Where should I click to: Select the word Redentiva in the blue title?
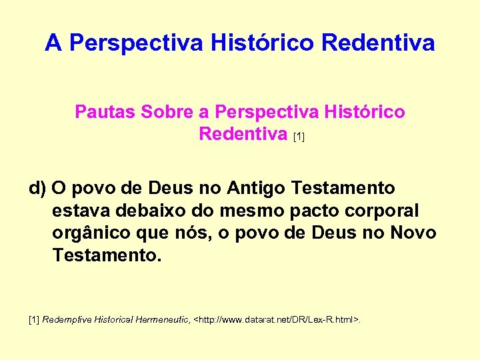[x=378, y=44]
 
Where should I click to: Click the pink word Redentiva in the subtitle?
[x=243, y=134]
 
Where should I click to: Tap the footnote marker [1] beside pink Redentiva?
[x=299, y=137]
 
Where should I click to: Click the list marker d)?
[x=37, y=189]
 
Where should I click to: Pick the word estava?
[x=78, y=211]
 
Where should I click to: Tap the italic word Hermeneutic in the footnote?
[x=163, y=321]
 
